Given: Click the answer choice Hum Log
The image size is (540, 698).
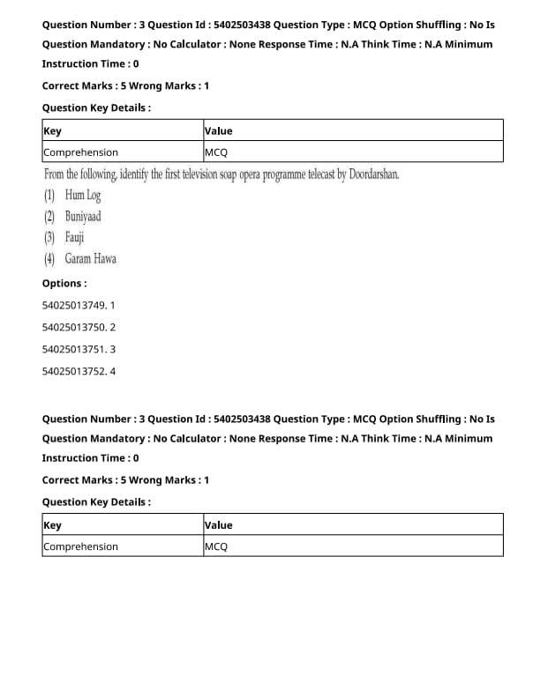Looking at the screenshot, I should coord(83,196).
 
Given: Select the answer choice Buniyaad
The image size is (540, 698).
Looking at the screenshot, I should coord(83,217).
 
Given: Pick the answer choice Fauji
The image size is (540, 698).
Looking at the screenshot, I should coord(75,238).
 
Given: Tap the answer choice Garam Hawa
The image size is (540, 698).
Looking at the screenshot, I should coord(90,259).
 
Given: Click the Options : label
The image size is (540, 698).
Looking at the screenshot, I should coord(64,284).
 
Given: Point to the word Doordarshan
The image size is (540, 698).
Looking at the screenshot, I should coord(374,174).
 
